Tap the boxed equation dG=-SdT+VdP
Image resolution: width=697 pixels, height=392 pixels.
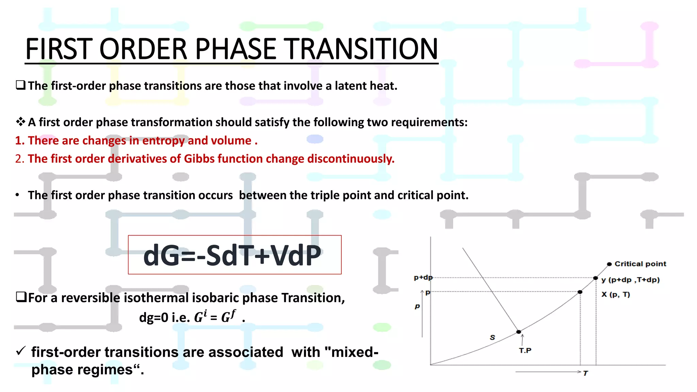tap(234, 255)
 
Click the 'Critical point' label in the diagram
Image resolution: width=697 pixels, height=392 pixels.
tap(640, 264)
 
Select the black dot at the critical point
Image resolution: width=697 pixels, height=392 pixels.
tap(609, 264)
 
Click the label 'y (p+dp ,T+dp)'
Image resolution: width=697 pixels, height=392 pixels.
tap(630, 280)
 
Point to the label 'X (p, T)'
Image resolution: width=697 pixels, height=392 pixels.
tap(615, 295)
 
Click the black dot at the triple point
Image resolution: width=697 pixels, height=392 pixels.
tap(519, 332)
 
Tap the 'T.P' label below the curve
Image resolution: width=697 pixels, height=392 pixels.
tap(525, 350)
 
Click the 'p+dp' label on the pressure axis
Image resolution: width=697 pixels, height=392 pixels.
tap(423, 278)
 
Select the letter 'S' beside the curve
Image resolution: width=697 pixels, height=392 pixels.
tap(492, 338)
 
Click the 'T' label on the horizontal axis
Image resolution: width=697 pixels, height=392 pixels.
tap(585, 373)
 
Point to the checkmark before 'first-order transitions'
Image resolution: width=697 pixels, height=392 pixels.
tap(21, 351)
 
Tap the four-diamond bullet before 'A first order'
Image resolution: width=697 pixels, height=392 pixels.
tap(20, 122)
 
